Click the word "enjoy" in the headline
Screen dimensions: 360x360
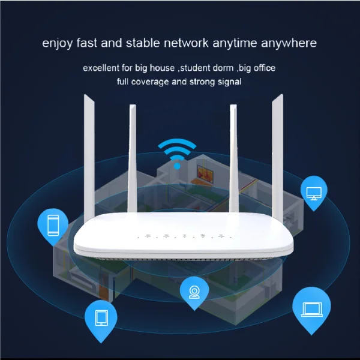(x=58, y=43)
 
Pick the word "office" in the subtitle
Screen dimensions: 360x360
(x=262, y=68)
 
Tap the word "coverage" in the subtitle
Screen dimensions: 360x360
(x=152, y=81)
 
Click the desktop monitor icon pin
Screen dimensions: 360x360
(x=313, y=192)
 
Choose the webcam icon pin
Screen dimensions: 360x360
(x=194, y=292)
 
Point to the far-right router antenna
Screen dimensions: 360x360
(x=278, y=156)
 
